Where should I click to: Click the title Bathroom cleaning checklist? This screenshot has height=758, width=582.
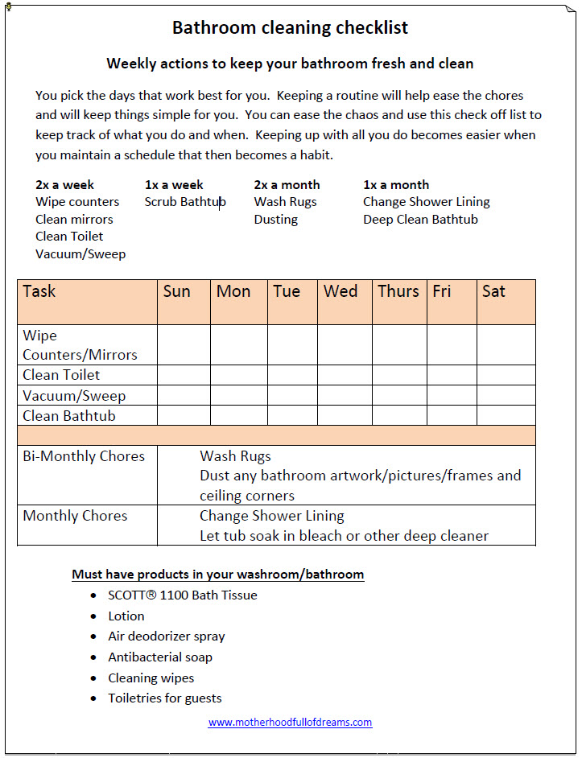[290, 28]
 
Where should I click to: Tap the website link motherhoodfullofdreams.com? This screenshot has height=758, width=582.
[290, 723]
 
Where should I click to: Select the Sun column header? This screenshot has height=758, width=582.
[176, 291]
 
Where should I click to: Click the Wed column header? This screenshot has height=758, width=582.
[341, 291]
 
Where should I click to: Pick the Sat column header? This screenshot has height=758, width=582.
[493, 291]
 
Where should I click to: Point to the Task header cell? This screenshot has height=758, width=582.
[39, 291]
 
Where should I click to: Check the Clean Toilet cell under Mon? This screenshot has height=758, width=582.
[238, 375]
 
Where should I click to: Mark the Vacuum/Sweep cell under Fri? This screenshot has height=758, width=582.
[451, 395]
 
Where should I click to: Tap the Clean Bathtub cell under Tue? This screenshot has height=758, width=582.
[292, 416]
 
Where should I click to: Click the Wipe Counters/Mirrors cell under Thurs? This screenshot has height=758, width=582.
[399, 345]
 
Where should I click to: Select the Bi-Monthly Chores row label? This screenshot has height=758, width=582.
[84, 456]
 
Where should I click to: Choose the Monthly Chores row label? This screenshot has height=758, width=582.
[75, 516]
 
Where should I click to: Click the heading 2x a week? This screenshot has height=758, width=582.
[65, 185]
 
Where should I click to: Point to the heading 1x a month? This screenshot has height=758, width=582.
[396, 185]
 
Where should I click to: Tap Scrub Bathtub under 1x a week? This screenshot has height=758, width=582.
[185, 202]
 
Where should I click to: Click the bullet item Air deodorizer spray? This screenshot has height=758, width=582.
[167, 636]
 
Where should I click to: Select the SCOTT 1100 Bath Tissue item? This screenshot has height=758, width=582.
[183, 595]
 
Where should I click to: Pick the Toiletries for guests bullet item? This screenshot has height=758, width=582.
[165, 698]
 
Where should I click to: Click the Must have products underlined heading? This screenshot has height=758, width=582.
[217, 575]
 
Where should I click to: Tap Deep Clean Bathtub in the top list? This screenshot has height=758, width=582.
[420, 220]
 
